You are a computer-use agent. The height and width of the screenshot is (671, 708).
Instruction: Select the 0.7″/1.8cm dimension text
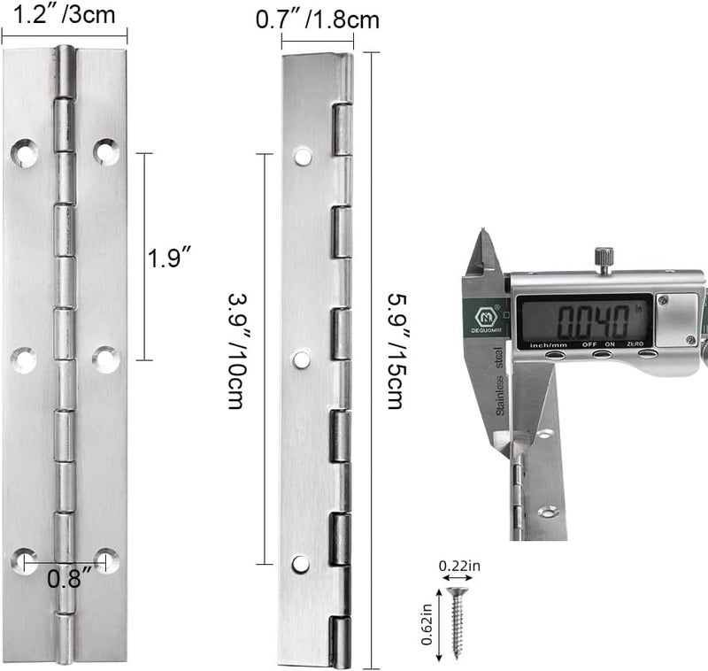coord(317,18)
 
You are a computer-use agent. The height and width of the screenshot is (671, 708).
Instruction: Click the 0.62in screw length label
coord(427,623)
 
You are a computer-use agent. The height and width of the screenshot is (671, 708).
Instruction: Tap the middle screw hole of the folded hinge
coord(302,359)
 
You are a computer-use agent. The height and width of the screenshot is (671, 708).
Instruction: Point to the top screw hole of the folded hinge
coord(303,158)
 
